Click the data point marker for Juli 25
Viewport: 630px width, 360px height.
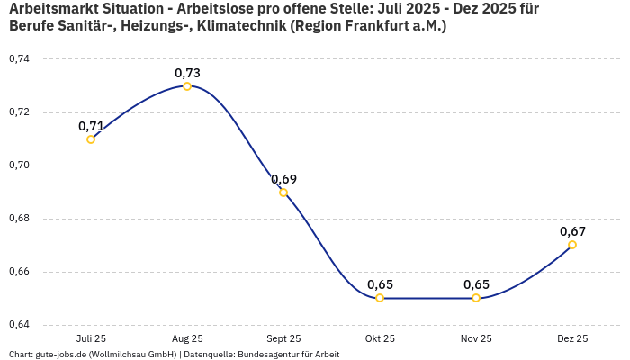click(91, 139)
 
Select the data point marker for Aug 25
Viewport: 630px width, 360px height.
click(187, 86)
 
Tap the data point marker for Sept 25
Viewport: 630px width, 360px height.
click(283, 193)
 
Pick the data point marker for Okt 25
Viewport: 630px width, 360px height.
click(380, 298)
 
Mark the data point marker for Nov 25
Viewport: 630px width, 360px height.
click(476, 298)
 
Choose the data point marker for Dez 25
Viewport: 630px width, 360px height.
click(572, 245)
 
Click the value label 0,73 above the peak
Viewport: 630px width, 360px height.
click(187, 73)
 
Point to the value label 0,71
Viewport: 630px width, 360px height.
click(91, 126)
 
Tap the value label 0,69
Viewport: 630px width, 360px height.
click(283, 179)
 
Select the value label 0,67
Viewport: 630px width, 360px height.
click(572, 231)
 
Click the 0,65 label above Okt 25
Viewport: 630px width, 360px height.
click(380, 284)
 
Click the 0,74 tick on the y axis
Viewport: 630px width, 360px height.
click(19, 59)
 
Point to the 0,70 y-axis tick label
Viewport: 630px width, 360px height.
click(19, 166)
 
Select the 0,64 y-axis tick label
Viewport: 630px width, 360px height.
click(19, 325)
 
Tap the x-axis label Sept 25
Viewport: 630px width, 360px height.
click(283, 338)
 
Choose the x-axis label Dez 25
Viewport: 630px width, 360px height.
click(572, 338)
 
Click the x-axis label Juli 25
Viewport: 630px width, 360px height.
click(91, 338)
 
